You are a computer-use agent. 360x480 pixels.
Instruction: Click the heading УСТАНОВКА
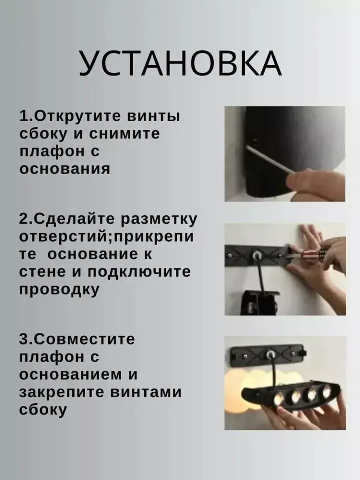tap(180, 63)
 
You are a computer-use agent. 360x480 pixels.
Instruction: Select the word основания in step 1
tap(65, 169)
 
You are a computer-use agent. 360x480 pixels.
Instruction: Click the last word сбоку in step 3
tap(43, 410)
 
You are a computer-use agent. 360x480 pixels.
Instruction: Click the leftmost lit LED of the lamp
tap(278, 399)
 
